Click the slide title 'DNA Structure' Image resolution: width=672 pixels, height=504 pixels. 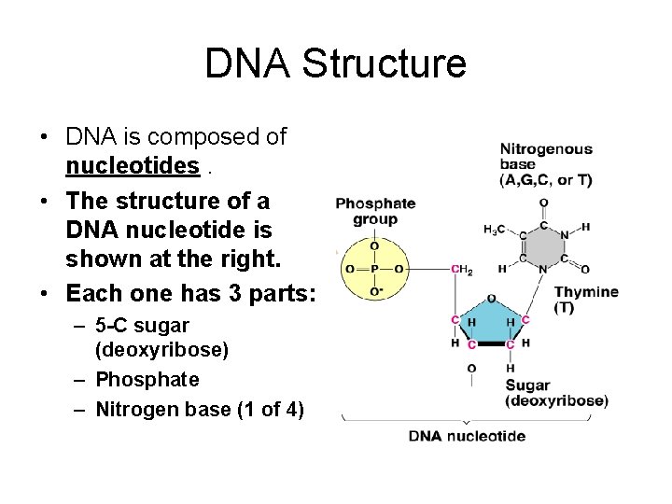[335, 63]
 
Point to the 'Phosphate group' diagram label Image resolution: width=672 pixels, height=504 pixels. [375, 212]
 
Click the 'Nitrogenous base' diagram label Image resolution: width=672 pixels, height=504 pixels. [546, 164]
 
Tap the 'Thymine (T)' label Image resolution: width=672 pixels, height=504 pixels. [586, 299]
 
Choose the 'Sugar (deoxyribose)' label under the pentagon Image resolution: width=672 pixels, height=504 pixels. [556, 393]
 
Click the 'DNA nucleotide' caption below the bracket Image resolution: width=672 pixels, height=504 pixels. [467, 436]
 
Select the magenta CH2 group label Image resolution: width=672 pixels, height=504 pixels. [461, 270]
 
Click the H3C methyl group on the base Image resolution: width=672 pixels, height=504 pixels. [496, 230]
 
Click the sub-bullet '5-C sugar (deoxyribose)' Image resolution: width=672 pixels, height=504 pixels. [142, 338]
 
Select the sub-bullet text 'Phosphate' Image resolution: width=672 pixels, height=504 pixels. [147, 380]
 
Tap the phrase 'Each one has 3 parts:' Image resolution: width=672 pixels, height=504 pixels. [191, 293]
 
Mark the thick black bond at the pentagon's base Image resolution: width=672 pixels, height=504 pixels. [491, 344]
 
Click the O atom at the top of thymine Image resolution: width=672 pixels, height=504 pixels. [543, 203]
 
